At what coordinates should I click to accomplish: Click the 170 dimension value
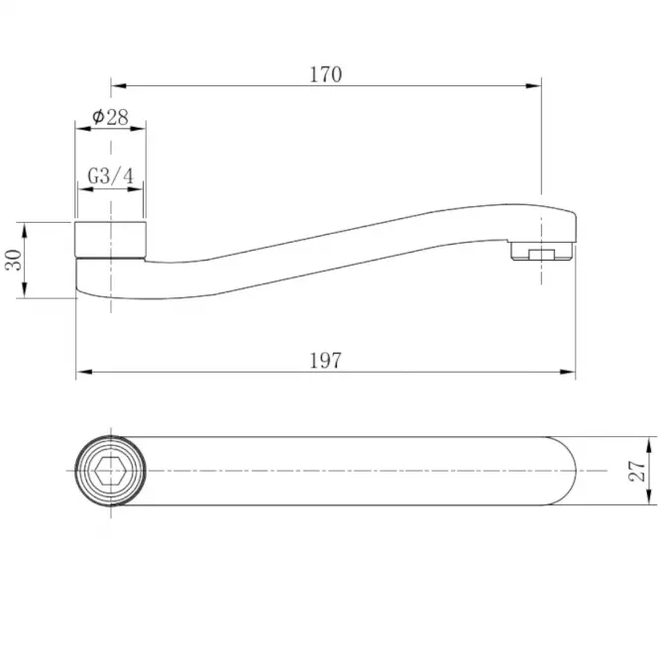tap(326, 74)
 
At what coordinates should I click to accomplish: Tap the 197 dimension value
tap(326, 361)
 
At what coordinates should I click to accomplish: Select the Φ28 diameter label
tap(110, 117)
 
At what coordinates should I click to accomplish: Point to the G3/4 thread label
tap(111, 175)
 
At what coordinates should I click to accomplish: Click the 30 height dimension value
tap(14, 260)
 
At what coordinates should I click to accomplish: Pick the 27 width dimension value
tap(637, 471)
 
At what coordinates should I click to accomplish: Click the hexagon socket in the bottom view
tap(111, 471)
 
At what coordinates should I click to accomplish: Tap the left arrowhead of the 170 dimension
tap(119, 86)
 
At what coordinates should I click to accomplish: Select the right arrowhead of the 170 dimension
tap(533, 86)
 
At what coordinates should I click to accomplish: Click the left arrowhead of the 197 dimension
tap(84, 372)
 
